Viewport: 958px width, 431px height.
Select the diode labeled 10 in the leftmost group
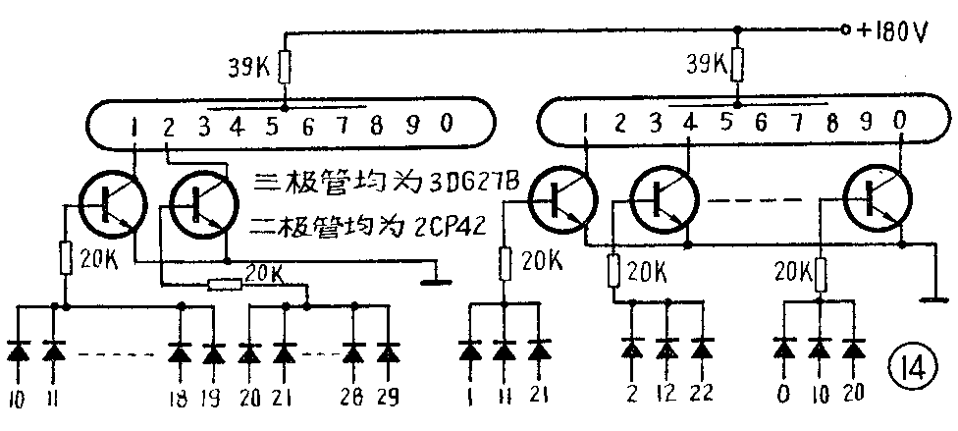click(x=20, y=351)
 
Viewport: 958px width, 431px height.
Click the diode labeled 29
click(x=389, y=351)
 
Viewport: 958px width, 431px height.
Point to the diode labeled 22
click(x=701, y=350)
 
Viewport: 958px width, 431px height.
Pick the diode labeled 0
click(x=784, y=350)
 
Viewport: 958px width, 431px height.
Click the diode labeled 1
click(x=471, y=351)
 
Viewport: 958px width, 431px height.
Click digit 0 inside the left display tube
click(x=447, y=124)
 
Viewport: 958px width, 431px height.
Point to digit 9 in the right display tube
click(x=866, y=123)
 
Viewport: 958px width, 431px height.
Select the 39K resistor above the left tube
click(x=284, y=68)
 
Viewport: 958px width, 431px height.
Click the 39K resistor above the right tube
click(x=738, y=67)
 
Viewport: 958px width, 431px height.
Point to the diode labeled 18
click(x=179, y=351)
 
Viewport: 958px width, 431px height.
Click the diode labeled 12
click(x=667, y=350)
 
